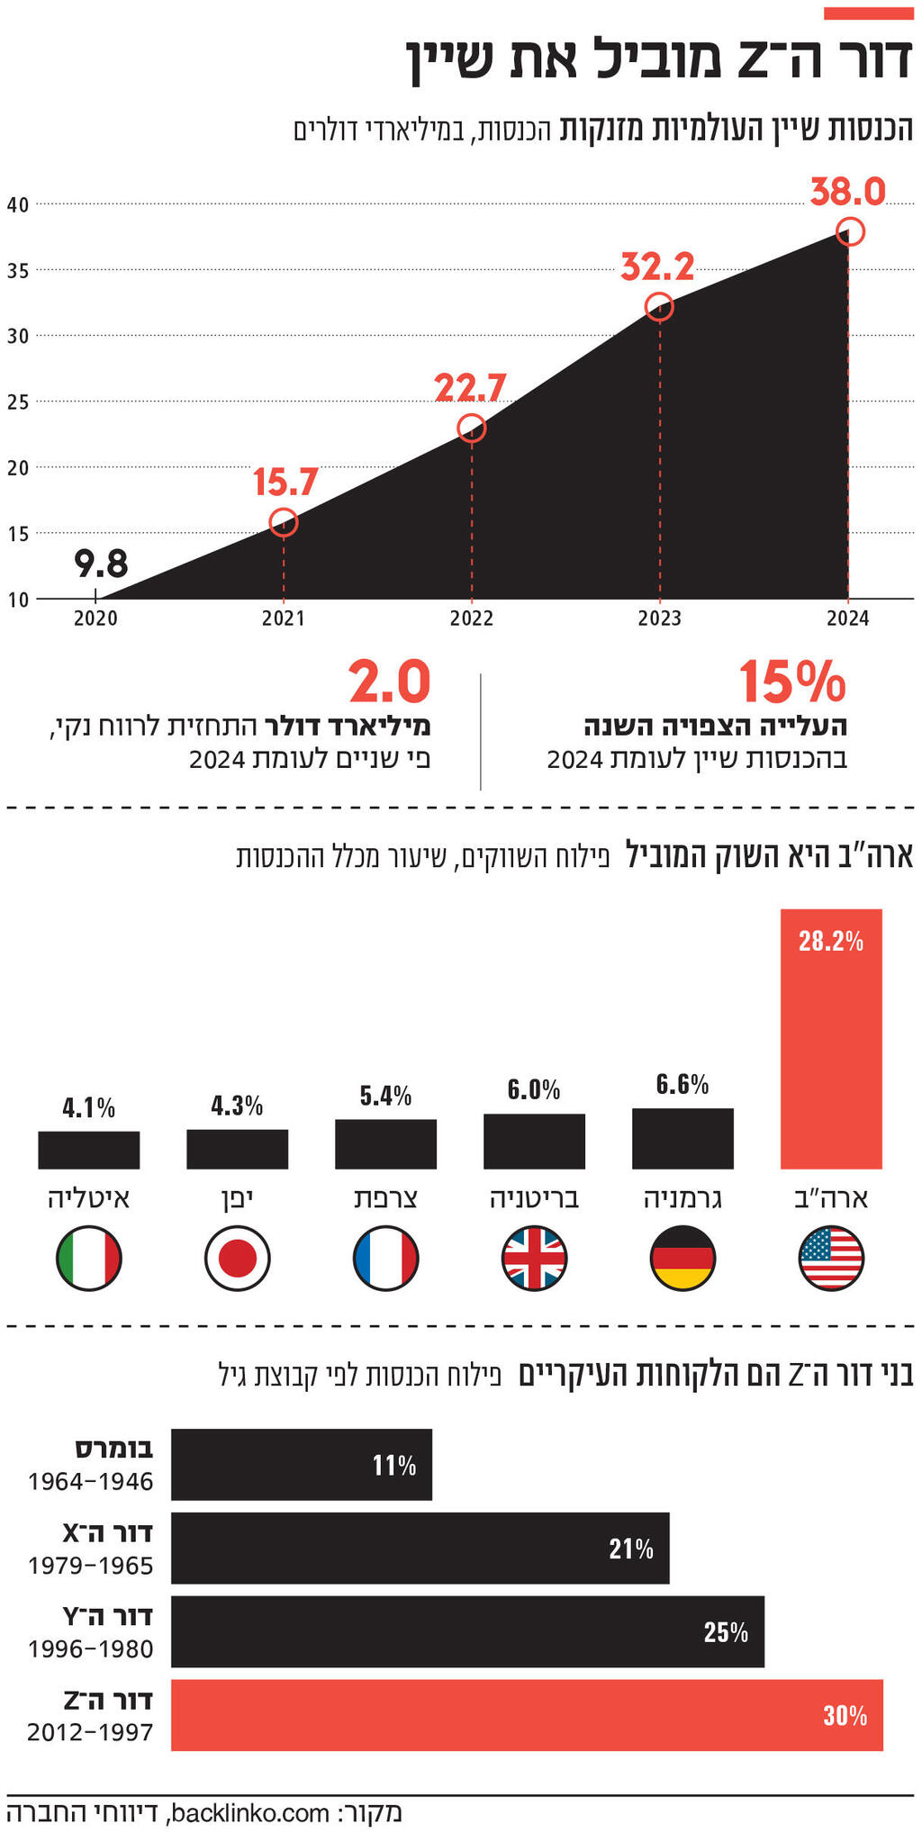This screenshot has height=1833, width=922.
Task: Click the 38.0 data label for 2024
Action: (847, 192)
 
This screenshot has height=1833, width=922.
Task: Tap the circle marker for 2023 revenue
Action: (659, 307)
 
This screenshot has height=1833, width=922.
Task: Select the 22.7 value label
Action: (470, 388)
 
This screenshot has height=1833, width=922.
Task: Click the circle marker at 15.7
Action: (284, 522)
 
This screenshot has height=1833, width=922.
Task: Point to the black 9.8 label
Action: (101, 564)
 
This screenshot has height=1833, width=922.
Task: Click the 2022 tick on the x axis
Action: (472, 619)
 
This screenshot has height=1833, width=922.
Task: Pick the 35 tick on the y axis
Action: (18, 270)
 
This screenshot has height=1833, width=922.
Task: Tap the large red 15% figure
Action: (792, 682)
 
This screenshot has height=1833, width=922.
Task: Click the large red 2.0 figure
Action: (390, 682)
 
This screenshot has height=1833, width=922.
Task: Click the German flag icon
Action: (682, 1258)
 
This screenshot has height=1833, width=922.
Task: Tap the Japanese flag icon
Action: (238, 1258)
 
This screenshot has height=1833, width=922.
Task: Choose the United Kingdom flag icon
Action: (534, 1258)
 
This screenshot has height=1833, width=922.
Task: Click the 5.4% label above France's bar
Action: (385, 1096)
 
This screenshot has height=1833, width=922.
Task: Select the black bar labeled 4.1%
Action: (89, 1150)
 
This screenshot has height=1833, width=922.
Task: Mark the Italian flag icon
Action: (89, 1258)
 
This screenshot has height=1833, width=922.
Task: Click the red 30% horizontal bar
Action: (527, 1715)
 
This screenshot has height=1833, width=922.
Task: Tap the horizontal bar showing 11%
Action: (302, 1465)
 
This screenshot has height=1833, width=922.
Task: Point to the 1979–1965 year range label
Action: (91, 1566)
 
